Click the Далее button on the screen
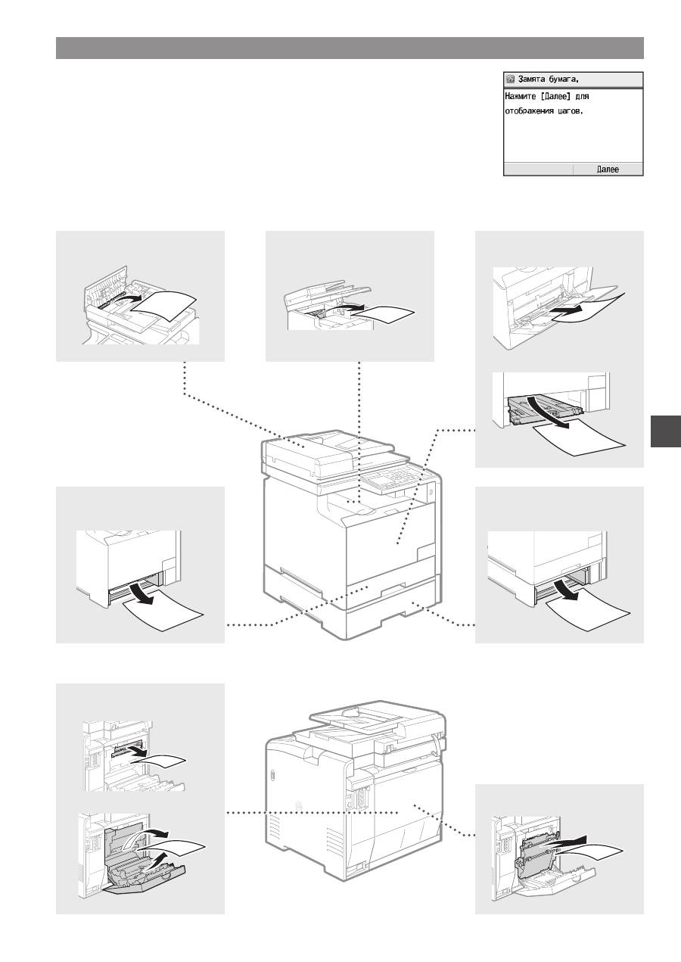[x=608, y=170]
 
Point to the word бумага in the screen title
[x=564, y=79]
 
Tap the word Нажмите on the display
[x=519, y=96]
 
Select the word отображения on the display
[x=529, y=111]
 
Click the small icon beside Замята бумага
[x=511, y=79]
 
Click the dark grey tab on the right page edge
[x=666, y=431]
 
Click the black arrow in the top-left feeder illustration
[x=129, y=298]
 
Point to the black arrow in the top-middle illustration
[x=348, y=307]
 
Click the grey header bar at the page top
[x=350, y=48]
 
